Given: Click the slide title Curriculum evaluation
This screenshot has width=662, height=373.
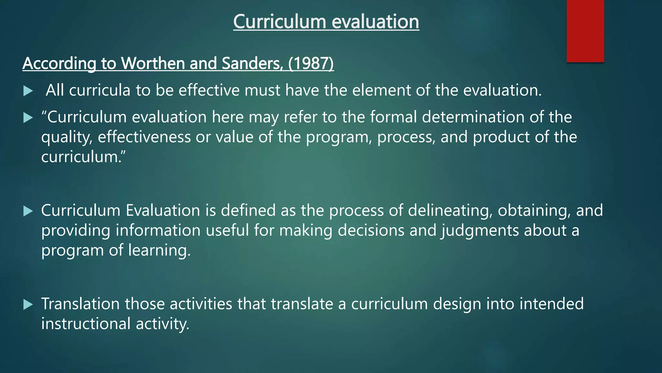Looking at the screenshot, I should click(x=326, y=22).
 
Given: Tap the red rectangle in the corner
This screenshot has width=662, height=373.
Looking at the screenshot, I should click(x=585, y=31).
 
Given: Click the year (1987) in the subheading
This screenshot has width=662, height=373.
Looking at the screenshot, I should click(x=311, y=63).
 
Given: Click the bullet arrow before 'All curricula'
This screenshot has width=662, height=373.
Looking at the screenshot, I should click(x=28, y=91).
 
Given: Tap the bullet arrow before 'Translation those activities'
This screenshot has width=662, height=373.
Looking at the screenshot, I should click(x=28, y=304).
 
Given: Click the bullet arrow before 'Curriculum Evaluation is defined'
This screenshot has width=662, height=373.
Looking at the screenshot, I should click(x=28, y=211).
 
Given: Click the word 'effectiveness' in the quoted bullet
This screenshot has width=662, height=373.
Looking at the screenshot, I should click(x=144, y=137).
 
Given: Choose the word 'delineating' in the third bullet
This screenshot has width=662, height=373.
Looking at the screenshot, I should click(x=450, y=210).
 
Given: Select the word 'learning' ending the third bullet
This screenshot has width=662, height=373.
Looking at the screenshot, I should click(x=159, y=251).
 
